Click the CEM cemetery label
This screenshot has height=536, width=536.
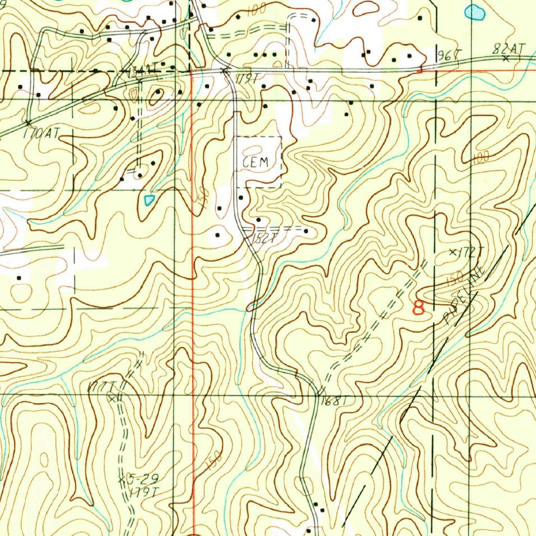(x=256, y=162)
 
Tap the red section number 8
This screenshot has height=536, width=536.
(x=419, y=307)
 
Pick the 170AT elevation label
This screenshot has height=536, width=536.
(x=41, y=133)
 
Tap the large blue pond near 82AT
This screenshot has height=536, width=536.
(x=475, y=12)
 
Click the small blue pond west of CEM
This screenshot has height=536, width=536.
(x=150, y=199)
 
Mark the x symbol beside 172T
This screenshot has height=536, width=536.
(x=453, y=252)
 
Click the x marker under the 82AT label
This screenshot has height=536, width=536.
(x=506, y=59)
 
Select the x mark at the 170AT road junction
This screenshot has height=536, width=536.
(x=28, y=122)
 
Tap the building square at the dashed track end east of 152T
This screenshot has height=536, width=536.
(x=306, y=231)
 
